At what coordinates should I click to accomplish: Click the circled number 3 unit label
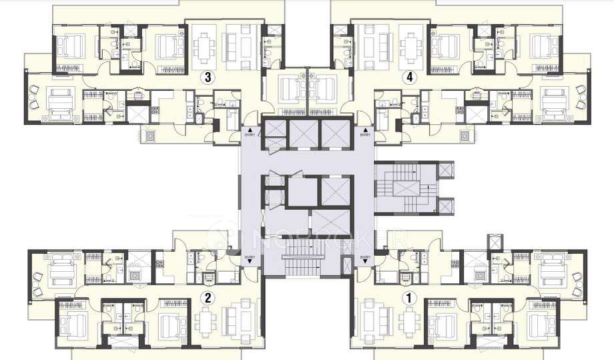(x=208, y=77)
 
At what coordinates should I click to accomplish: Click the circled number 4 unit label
(x=409, y=77)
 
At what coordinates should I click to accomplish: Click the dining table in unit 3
(x=203, y=46)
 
